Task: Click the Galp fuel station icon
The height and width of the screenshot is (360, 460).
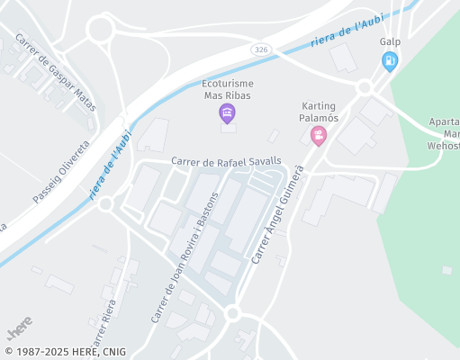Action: [390, 61]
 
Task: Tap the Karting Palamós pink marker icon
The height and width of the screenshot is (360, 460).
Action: [318, 136]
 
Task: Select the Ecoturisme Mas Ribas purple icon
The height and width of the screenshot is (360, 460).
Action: [227, 112]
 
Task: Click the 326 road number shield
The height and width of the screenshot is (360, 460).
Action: [259, 49]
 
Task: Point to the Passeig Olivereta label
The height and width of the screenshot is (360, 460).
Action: [62, 171]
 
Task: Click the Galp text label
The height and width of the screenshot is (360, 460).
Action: [390, 42]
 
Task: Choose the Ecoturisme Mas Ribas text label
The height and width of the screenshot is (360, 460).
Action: [227, 89]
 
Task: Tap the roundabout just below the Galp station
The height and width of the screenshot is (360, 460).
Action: [365, 87]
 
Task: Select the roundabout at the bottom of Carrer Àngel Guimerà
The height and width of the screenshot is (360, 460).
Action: [232, 313]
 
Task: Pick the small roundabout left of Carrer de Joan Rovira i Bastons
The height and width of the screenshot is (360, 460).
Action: [105, 203]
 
